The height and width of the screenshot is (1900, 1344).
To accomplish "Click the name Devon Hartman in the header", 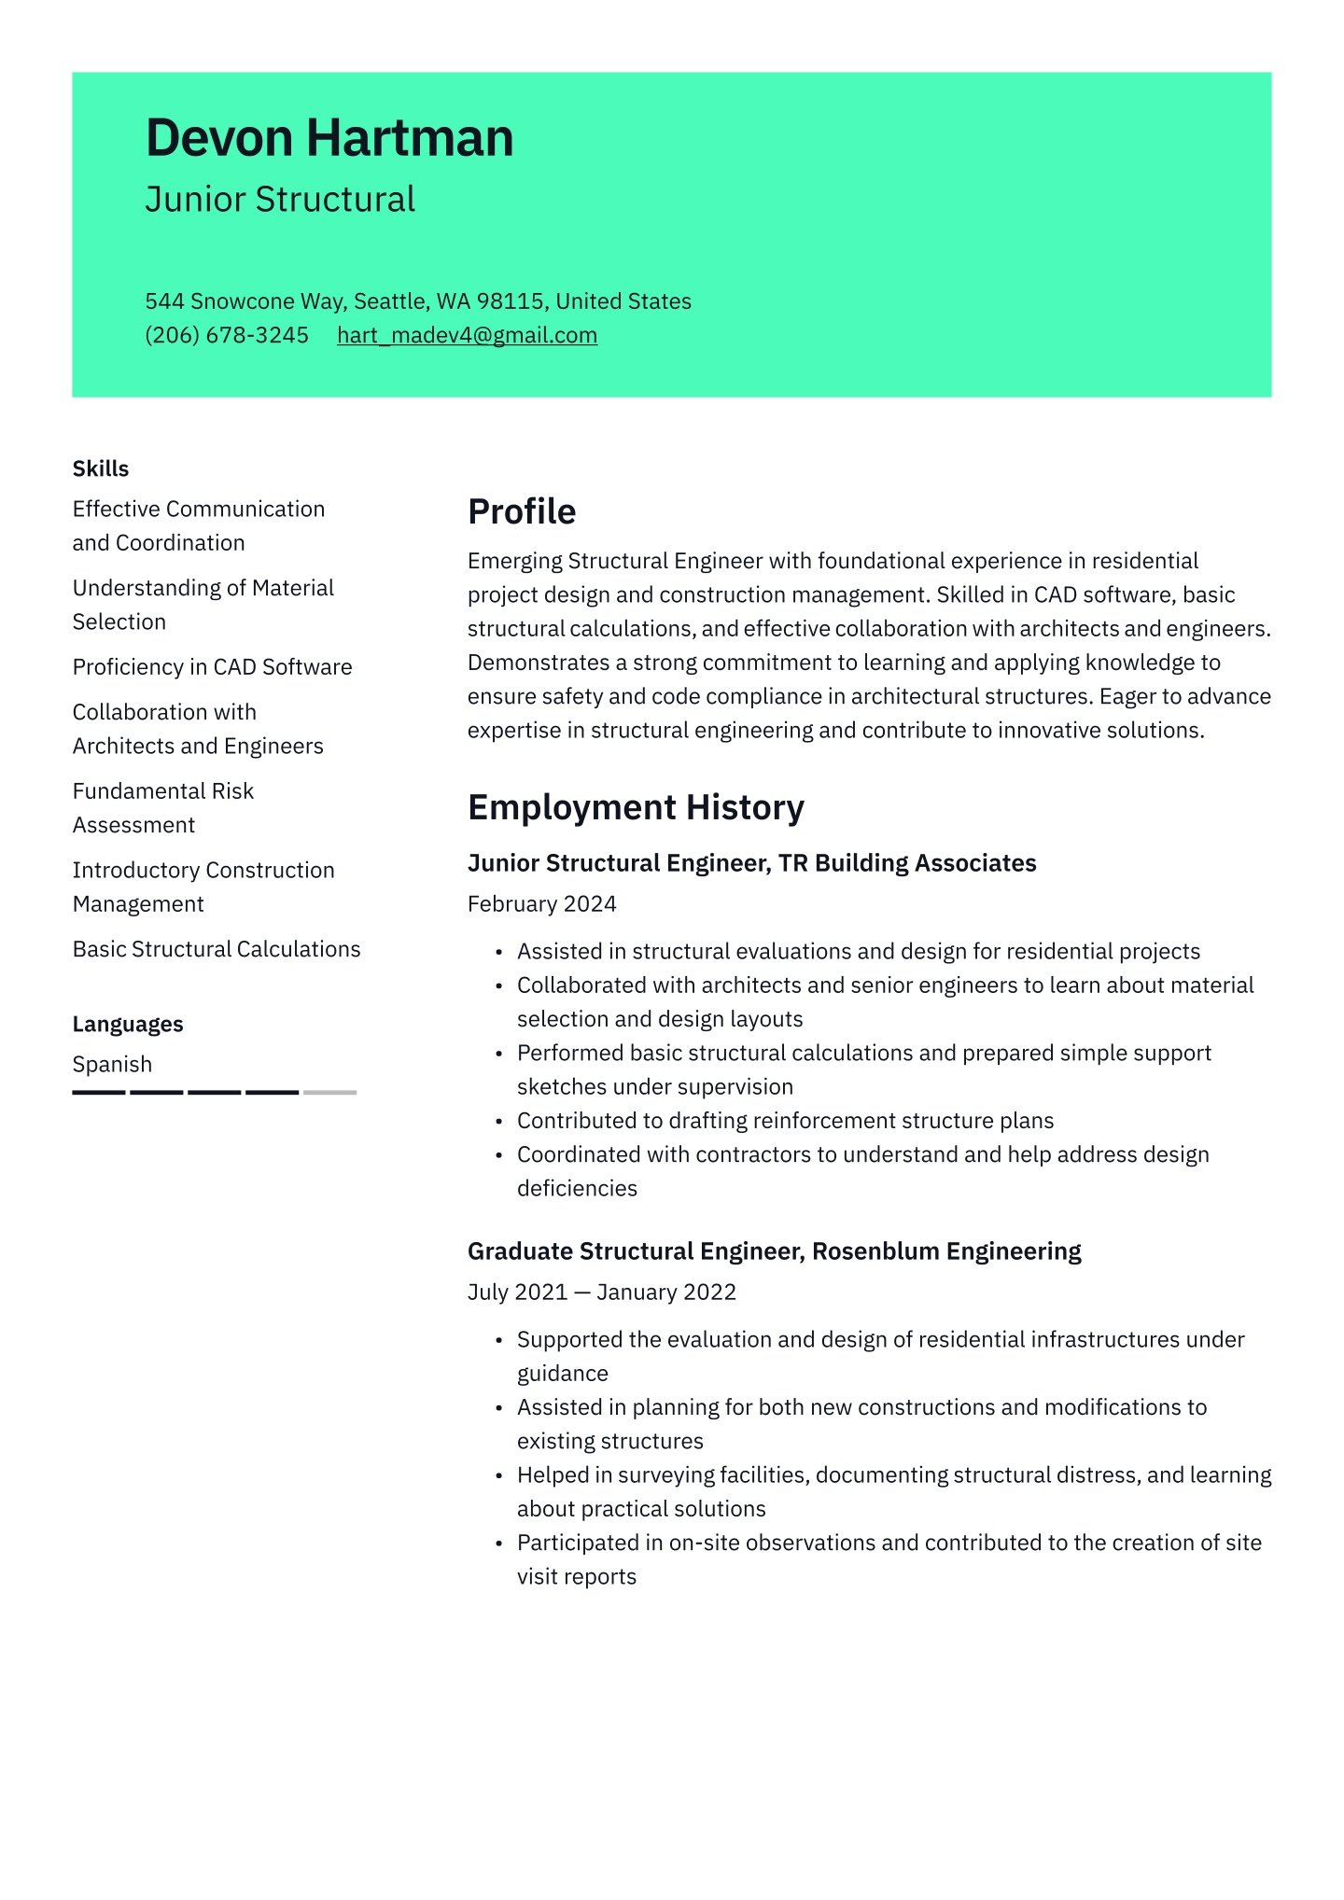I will [329, 138].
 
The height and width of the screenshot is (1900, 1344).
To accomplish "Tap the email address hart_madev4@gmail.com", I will [467, 335].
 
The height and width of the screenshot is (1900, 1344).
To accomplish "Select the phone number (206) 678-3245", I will [227, 335].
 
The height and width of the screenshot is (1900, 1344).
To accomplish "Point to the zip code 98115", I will [510, 301].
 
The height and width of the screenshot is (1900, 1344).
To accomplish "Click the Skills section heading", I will [101, 468].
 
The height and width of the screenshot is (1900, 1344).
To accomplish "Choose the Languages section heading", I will [128, 1024].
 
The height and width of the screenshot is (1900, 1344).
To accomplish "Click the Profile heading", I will [522, 511].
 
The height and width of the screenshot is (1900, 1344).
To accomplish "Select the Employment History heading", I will [636, 807].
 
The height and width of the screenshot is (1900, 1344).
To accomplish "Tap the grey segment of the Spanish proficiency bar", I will [329, 1092].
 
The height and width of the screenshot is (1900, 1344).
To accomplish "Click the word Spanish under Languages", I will [112, 1064].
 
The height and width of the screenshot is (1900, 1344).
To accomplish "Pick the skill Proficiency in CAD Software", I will [213, 667].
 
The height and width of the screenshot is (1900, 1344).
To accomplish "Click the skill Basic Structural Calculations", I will [217, 949].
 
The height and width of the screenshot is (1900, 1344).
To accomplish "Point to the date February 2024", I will [542, 903].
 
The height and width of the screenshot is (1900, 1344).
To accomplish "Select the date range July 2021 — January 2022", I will [602, 1292].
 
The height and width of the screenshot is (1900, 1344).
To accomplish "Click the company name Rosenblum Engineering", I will [946, 1250].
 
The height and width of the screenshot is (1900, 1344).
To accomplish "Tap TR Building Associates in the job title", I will [907, 863].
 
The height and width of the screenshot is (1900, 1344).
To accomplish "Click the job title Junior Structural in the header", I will [280, 200].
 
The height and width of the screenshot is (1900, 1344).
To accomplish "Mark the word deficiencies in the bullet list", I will [577, 1188].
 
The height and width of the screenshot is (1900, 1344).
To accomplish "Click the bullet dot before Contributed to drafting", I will [499, 1122].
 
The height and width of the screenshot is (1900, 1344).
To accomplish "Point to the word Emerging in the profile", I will [514, 561].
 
